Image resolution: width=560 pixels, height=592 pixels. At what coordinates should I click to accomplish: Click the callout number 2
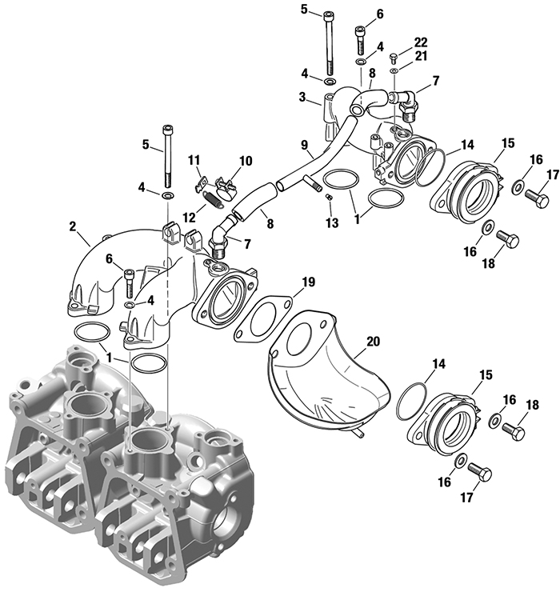(74, 227)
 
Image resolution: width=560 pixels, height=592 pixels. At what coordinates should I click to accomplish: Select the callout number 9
(304, 145)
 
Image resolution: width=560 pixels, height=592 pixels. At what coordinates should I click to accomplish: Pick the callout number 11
(193, 162)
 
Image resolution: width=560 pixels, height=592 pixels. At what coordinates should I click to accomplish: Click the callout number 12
(189, 217)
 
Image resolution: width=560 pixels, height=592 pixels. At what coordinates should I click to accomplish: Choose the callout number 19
(307, 282)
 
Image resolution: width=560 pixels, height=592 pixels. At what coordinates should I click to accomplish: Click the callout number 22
(420, 40)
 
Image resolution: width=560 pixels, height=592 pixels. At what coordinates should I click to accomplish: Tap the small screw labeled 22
(394, 57)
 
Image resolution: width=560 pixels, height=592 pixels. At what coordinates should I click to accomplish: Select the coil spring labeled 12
(212, 197)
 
